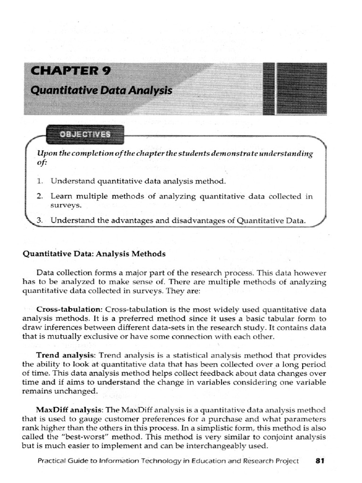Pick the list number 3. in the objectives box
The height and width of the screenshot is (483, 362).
(x=40, y=220)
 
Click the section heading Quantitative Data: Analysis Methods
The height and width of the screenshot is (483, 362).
(x=94, y=254)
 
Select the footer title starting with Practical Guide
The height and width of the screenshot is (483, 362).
(x=168, y=461)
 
